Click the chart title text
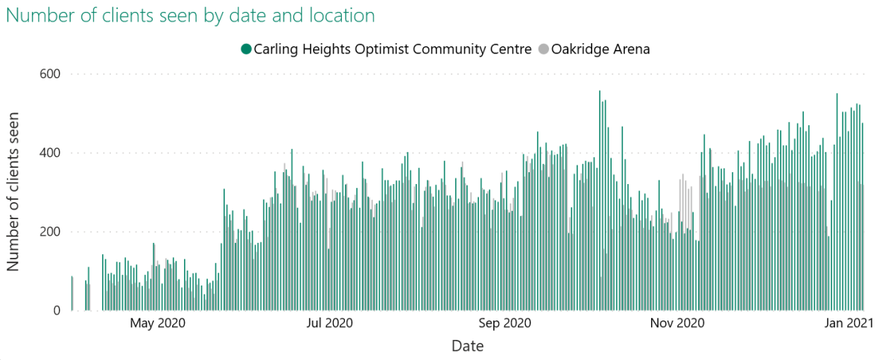pyautogui.click(x=191, y=15)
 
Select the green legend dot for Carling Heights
pyautogui.click(x=246, y=49)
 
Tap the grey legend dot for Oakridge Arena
pyautogui.click(x=543, y=49)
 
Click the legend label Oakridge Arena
pyautogui.click(x=600, y=49)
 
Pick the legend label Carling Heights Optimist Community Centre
pyautogui.click(x=393, y=49)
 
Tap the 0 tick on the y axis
pyautogui.click(x=57, y=311)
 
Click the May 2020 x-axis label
pyautogui.click(x=157, y=323)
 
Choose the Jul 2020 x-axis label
pyautogui.click(x=330, y=323)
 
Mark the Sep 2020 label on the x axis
pyautogui.click(x=505, y=323)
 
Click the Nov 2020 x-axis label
pyautogui.click(x=677, y=323)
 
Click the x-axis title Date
pyautogui.click(x=467, y=347)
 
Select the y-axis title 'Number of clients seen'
pyautogui.click(x=14, y=192)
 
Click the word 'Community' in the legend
pyautogui.click(x=442, y=49)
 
